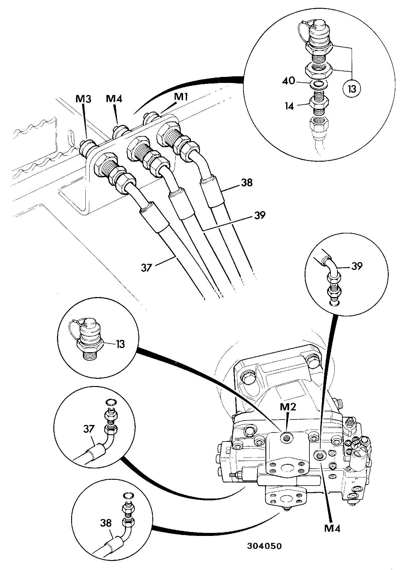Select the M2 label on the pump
click(x=288, y=407)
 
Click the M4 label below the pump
click(x=333, y=528)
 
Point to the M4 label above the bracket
click(x=114, y=99)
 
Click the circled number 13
click(x=352, y=89)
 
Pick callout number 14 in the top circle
click(x=289, y=106)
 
